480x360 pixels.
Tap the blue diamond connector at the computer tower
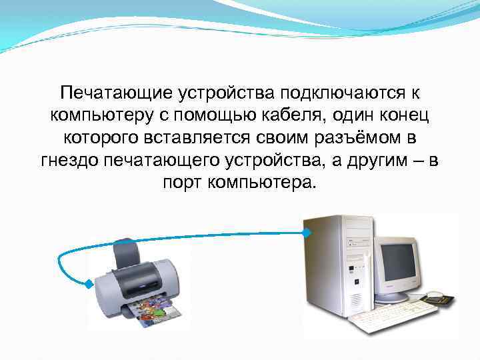(305, 233)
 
